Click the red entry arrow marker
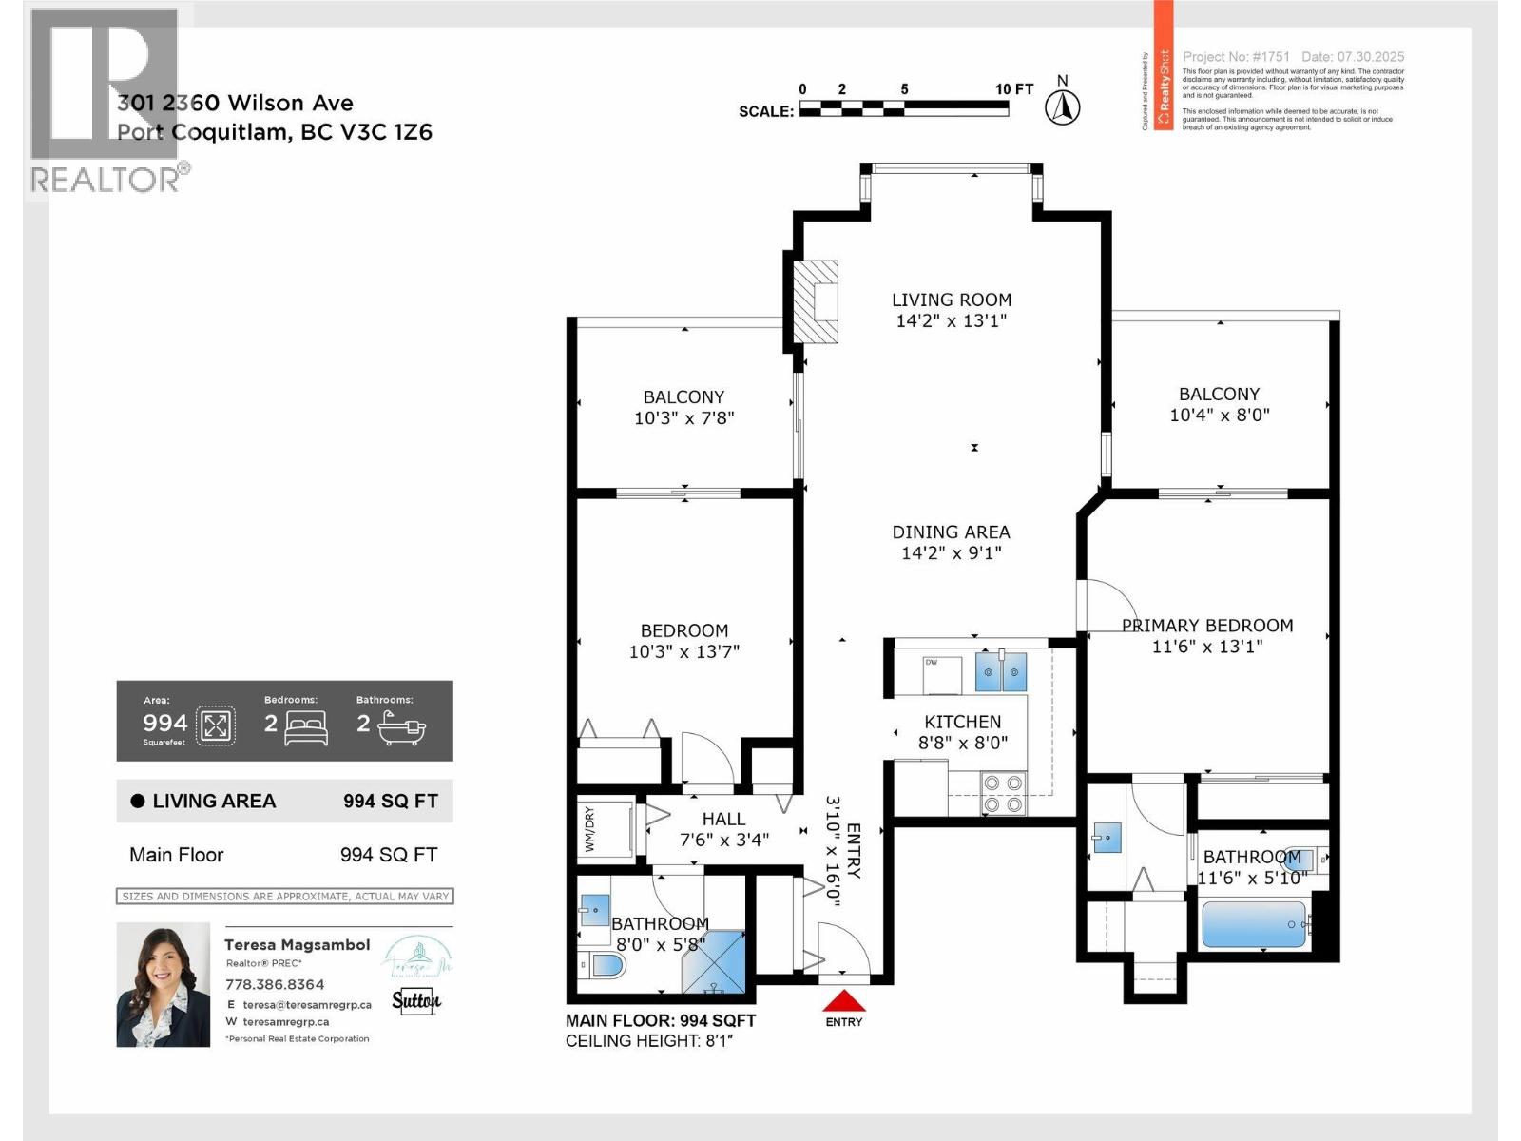click(x=843, y=1000)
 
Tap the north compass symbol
click(x=1062, y=107)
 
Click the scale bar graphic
click(x=903, y=111)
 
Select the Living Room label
click(x=951, y=300)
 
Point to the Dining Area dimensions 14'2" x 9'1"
click(x=951, y=552)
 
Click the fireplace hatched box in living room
click(x=817, y=301)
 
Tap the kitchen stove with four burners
click(x=1004, y=794)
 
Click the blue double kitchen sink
click(x=1001, y=672)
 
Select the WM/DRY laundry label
click(x=589, y=829)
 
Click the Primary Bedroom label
click(x=1207, y=626)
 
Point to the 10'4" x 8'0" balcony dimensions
click(x=1220, y=415)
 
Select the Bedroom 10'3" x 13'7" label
click(x=683, y=641)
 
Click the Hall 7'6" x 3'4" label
click(x=723, y=829)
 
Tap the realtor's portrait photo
click(x=163, y=985)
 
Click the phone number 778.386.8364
click(x=275, y=984)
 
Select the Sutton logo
click(x=415, y=1000)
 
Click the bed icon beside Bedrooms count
click(x=306, y=727)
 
